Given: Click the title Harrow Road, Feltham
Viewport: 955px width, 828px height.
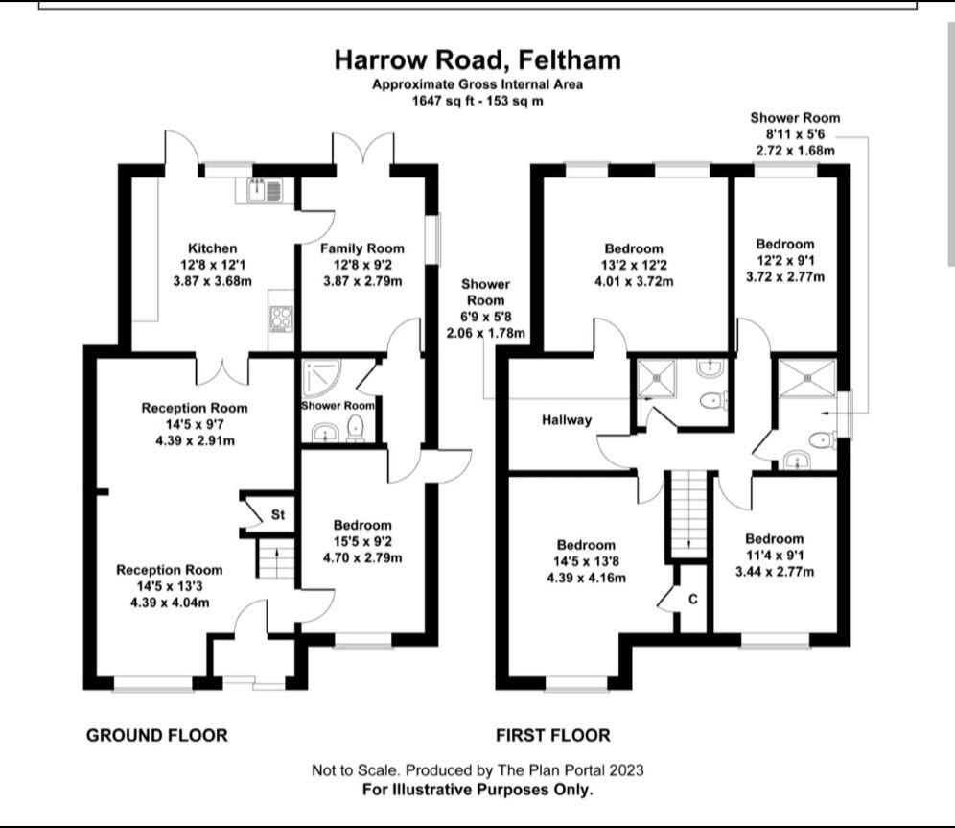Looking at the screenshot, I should [477, 59].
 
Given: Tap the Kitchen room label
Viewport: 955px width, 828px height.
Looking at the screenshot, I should [212, 248].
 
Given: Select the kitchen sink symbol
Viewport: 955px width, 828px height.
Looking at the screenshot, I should [262, 191].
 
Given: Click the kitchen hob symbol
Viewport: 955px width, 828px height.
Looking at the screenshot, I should [281, 317].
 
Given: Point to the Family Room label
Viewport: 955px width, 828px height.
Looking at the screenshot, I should [361, 248].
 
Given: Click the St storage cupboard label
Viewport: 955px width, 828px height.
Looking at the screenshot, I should [278, 515].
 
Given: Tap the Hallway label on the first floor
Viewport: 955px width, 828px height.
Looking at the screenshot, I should [567, 419].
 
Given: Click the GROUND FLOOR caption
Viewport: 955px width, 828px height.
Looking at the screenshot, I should [157, 736].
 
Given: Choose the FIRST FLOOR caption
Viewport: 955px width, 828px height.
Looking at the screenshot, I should [552, 736].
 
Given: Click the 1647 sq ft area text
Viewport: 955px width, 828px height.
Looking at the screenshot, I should [477, 100].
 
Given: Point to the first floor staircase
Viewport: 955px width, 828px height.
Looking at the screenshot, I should [689, 513].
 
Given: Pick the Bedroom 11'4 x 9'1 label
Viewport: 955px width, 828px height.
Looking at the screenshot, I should [774, 538].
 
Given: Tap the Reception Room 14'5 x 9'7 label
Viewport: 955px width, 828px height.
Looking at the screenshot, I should [195, 408].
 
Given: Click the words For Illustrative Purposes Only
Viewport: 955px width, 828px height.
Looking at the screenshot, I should [477, 790].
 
